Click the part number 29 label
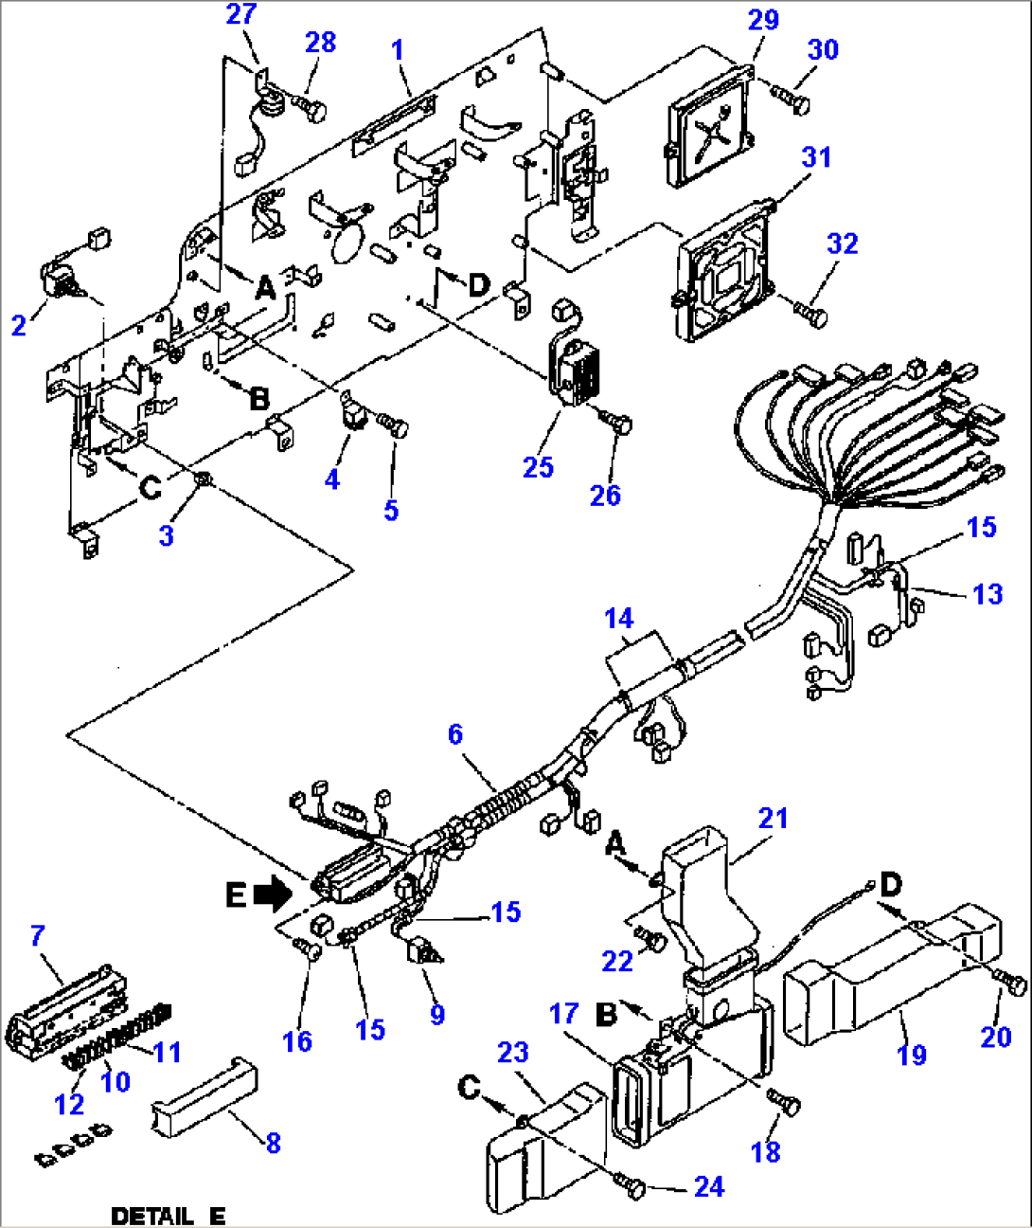tap(763, 20)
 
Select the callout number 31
tap(816, 157)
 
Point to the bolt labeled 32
tap(810, 312)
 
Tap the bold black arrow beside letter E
tap(275, 892)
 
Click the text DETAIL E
tap(169, 1216)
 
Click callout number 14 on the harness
tap(618, 619)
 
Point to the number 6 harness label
tap(455, 734)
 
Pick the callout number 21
tap(773, 819)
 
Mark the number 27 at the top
tap(241, 14)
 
